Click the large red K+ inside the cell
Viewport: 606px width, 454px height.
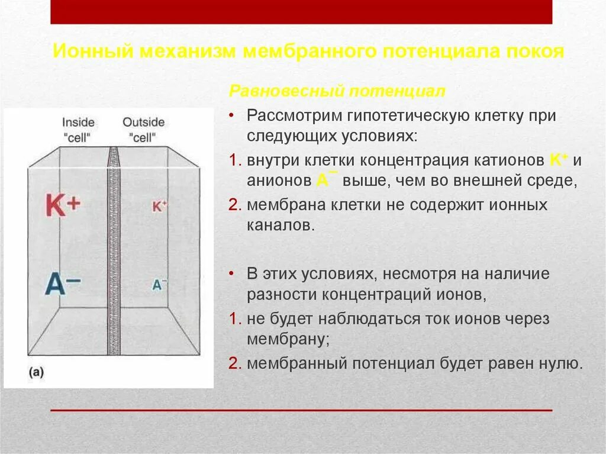[x=62, y=206]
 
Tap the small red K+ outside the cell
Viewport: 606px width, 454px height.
[x=160, y=206]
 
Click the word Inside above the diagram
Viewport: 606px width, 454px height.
[x=78, y=123]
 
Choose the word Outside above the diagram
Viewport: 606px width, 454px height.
[x=143, y=123]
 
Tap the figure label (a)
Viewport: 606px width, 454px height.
[x=36, y=372]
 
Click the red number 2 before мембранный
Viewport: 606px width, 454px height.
[x=234, y=363]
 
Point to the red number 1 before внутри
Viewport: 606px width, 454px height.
[x=234, y=160]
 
